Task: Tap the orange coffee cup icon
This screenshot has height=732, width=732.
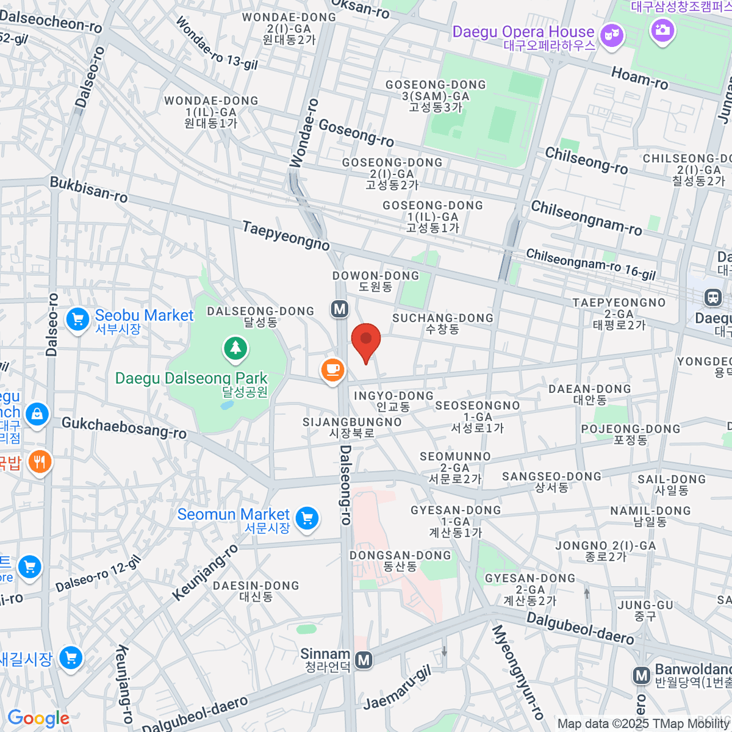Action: tap(332, 370)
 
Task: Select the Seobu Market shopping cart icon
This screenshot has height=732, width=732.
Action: tap(78, 319)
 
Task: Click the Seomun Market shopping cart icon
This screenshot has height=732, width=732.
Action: tap(307, 519)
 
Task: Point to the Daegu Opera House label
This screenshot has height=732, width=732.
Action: tap(523, 32)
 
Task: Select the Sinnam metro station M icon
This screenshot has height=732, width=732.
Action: tap(364, 660)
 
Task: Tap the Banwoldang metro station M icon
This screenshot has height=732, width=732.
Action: tap(641, 675)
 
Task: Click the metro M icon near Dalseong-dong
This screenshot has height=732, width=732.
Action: tap(340, 309)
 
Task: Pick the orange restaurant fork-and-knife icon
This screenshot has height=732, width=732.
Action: tap(39, 462)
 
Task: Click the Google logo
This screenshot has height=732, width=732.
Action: tap(38, 718)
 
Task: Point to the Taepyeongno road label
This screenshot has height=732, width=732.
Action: tap(285, 235)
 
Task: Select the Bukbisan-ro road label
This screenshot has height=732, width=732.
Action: tap(89, 190)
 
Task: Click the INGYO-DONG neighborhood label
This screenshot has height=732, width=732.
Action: tap(393, 396)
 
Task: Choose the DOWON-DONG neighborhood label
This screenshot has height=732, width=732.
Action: tap(376, 276)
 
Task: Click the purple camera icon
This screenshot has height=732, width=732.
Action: tap(662, 29)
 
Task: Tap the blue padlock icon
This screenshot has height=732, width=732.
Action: tap(37, 414)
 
